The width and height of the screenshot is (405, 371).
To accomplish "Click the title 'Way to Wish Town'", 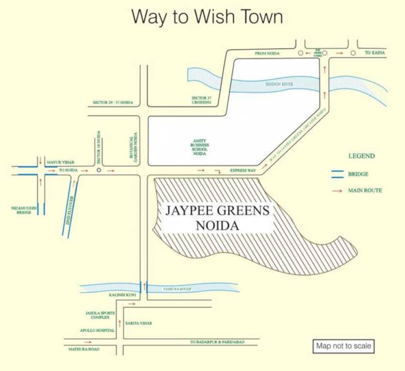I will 207,17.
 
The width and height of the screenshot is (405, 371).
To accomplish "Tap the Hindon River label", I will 279,85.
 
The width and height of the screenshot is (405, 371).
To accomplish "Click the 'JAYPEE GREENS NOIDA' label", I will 217,217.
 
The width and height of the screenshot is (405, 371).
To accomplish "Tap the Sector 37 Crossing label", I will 202,100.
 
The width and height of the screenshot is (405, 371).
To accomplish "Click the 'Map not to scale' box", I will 344,346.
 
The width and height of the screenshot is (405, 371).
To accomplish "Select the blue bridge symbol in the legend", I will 337,174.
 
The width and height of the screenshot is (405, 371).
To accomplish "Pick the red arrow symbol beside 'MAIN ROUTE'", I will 337,191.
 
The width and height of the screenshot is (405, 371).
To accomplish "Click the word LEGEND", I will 361,156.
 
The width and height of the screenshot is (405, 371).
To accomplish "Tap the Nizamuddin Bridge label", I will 24,210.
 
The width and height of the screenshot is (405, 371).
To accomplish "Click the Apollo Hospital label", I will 97,331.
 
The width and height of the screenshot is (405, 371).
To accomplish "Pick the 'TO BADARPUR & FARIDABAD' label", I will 217,342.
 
